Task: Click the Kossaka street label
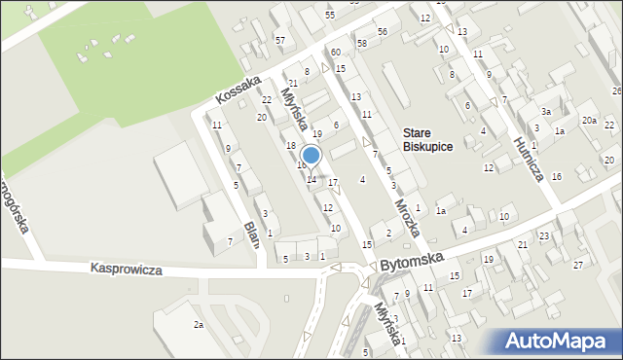(239, 90)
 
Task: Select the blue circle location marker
(311, 155)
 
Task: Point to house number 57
(280, 40)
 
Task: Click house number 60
(335, 52)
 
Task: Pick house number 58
(362, 44)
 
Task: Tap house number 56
(383, 32)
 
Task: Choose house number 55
(330, 16)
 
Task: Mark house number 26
(616, 90)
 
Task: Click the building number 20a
(589, 120)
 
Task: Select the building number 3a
(546, 112)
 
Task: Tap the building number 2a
(198, 324)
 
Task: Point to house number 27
(578, 265)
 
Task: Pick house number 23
(544, 236)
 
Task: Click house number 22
(267, 100)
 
